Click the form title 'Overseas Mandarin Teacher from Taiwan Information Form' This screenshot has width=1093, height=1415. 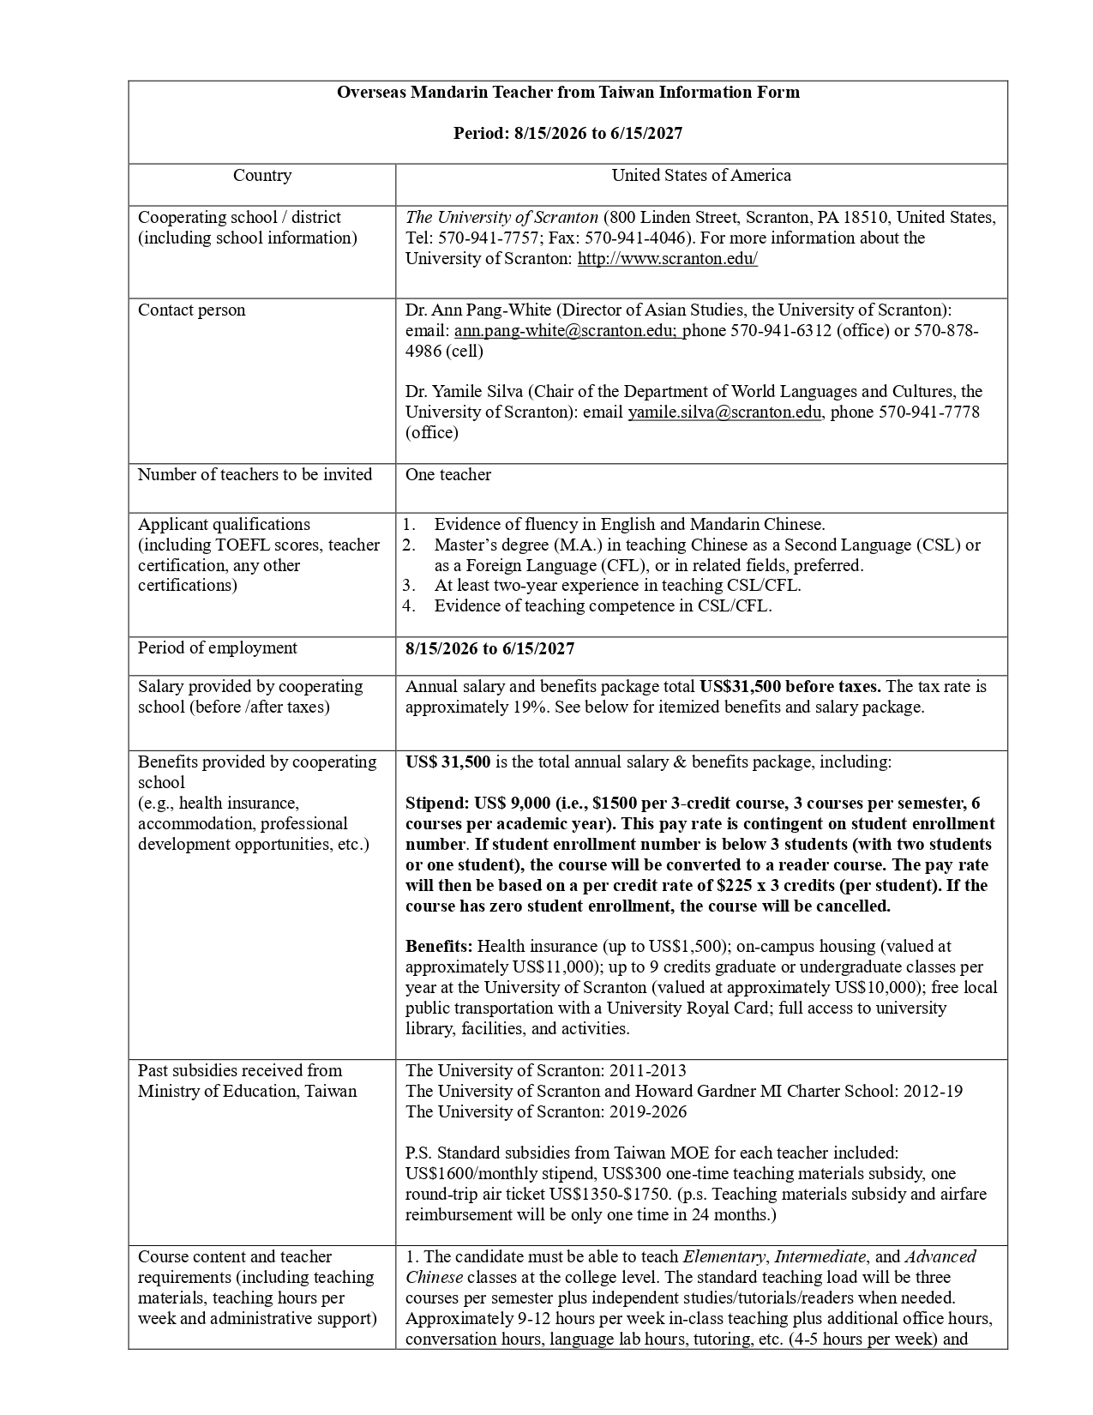pyautogui.click(x=568, y=93)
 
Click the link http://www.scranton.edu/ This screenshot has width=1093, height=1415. pyautogui.click(x=667, y=259)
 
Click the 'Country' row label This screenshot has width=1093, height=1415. pyautogui.click(x=262, y=176)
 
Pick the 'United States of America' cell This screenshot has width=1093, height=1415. pyautogui.click(x=700, y=176)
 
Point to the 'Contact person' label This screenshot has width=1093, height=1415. pyautogui.click(x=191, y=310)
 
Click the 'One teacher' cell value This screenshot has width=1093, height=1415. pyautogui.click(x=448, y=475)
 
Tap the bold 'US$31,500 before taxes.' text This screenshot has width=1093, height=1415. pyautogui.click(x=790, y=687)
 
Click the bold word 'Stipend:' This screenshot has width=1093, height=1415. pyautogui.click(x=436, y=804)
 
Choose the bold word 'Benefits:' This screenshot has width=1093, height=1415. pyautogui.click(x=439, y=947)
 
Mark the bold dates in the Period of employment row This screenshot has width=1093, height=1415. pyautogui.click(x=489, y=648)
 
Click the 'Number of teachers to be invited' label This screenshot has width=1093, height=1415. pyautogui.click(x=255, y=475)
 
